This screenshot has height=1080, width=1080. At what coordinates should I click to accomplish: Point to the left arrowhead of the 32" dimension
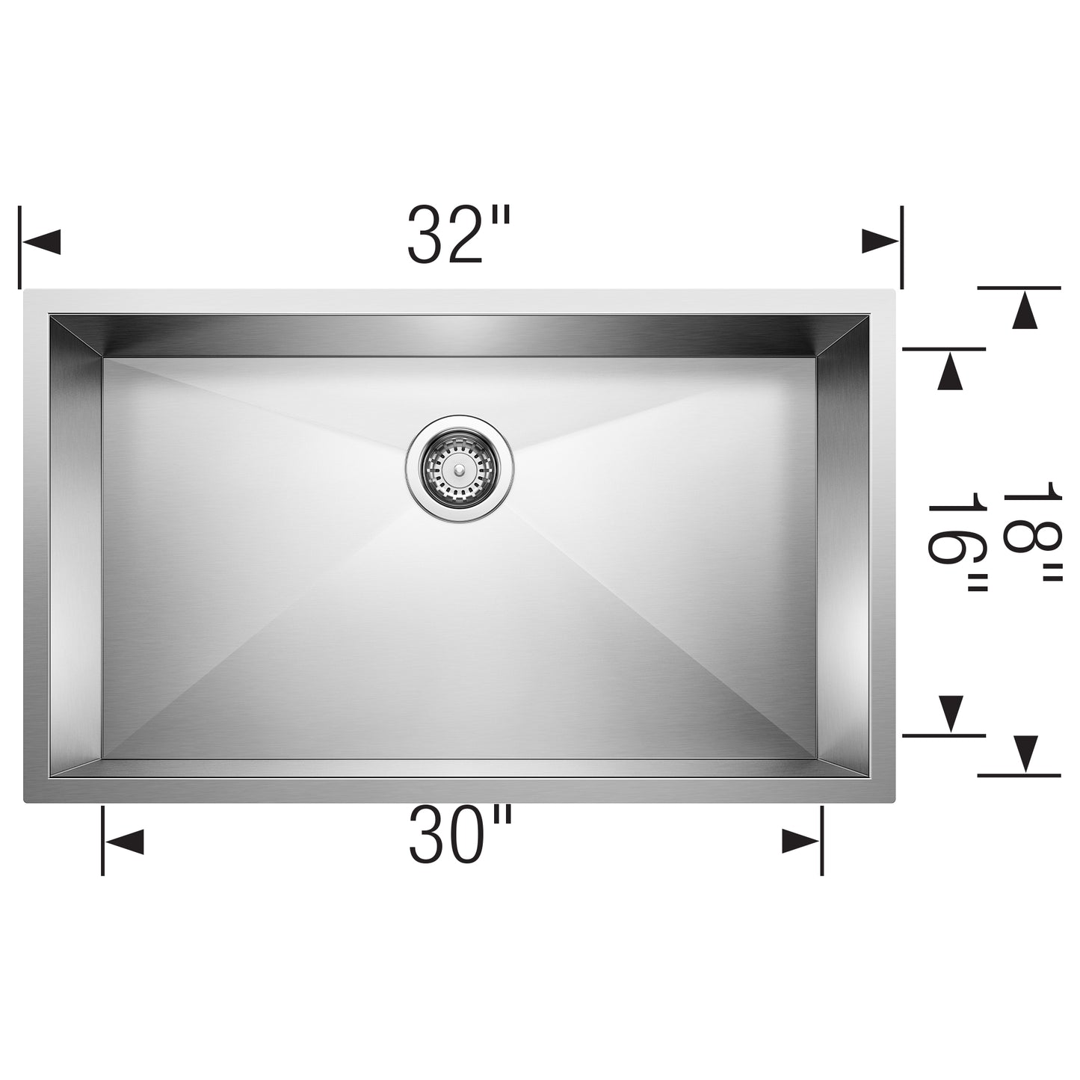[x=42, y=242]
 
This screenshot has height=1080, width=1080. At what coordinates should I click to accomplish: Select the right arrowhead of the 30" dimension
[x=800, y=842]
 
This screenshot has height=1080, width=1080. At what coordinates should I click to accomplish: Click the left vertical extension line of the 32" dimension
[x=20, y=247]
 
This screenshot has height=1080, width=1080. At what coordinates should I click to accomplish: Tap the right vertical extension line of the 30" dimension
[x=822, y=841]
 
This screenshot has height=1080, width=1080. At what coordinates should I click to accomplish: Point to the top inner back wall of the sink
[x=460, y=336]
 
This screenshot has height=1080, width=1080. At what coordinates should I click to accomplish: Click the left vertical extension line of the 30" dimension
[x=102, y=841]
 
